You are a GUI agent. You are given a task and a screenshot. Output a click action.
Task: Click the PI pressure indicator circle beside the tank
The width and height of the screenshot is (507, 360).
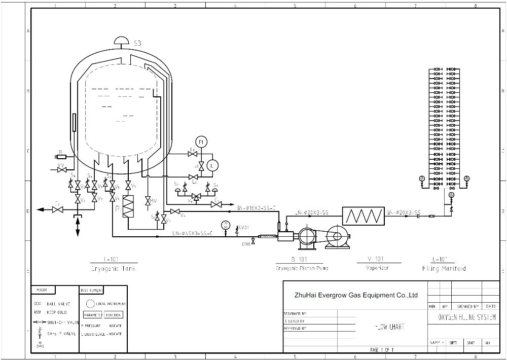tap(201, 141)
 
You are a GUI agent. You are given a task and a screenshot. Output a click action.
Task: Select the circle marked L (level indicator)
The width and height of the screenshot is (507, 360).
tap(213, 165)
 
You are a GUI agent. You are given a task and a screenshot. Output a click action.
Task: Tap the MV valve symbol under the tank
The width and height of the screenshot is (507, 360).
tap(148, 201)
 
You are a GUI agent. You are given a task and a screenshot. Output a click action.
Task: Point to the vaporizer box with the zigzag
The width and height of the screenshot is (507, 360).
tap(364, 217)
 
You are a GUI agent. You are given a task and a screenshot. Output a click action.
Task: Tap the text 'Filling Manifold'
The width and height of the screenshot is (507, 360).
tap(444, 268)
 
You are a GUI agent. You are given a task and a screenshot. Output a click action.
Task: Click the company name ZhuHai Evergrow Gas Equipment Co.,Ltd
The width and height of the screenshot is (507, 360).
tap(355, 295)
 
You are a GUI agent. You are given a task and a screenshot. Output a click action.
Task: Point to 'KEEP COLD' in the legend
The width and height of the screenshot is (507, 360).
tap(56, 312)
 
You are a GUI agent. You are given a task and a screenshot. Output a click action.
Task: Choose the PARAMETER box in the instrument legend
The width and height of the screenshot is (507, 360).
tap(93, 315)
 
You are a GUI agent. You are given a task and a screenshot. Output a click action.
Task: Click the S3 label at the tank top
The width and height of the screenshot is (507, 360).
tap(137, 44)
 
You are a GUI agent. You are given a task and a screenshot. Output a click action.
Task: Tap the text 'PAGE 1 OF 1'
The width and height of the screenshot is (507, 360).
tap(382, 350)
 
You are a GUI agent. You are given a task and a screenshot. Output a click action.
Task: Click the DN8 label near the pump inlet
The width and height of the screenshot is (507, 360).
tap(246, 244)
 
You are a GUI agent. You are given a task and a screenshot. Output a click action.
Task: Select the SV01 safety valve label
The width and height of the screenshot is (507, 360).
tap(243, 228)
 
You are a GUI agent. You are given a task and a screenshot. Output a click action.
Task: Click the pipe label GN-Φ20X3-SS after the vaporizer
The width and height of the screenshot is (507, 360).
tap(403, 212)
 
